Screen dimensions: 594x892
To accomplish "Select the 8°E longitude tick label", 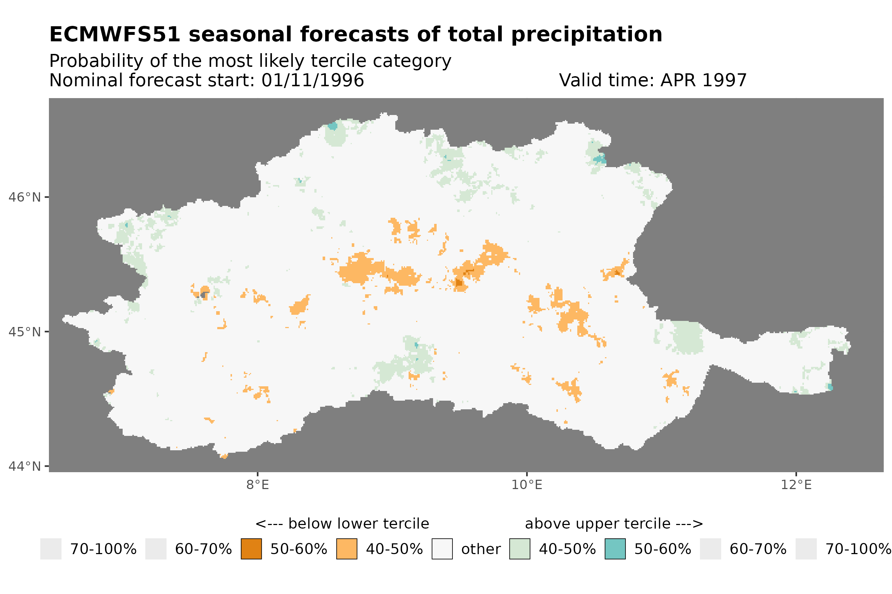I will click(258, 484).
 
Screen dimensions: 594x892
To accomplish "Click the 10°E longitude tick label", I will click(527, 484).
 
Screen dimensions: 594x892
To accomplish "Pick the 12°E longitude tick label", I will click(796, 484).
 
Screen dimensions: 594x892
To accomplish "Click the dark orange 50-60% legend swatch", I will click(251, 549).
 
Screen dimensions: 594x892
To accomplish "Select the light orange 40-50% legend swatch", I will click(346, 549).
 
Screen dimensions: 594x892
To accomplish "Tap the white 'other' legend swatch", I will click(442, 549).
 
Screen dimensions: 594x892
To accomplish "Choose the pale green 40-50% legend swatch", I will click(519, 549).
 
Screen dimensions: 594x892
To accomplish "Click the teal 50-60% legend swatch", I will click(615, 549).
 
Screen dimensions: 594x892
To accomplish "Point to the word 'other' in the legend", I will click(481, 549).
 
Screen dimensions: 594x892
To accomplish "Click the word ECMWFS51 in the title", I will click(114, 34).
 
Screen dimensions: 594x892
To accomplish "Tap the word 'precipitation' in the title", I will click(586, 34).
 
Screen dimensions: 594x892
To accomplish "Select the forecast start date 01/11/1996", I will click(312, 80).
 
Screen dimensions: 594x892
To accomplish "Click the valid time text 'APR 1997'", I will click(703, 80).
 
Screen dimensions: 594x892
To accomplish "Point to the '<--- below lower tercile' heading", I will click(342, 524).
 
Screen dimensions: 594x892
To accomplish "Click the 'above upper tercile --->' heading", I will click(614, 524).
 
